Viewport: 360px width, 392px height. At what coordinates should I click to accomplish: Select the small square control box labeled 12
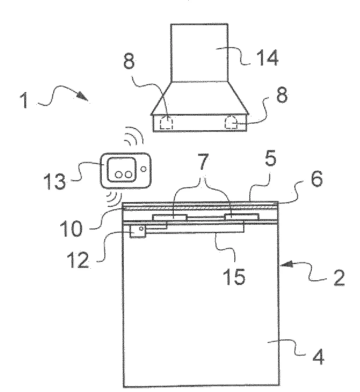138,231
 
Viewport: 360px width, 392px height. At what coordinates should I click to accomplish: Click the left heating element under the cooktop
169,217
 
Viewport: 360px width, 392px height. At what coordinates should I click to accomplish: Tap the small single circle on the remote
144,169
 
